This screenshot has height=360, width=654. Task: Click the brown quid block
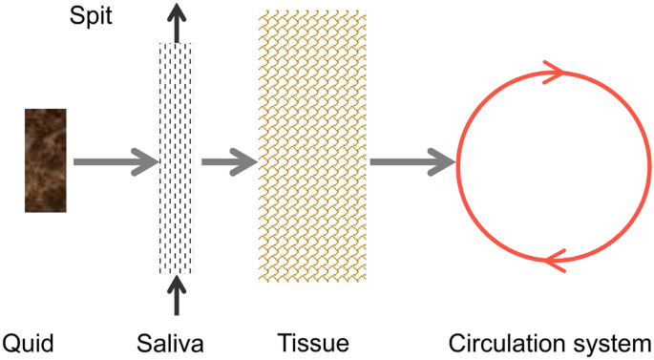(45, 159)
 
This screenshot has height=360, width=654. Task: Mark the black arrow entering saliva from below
(176, 296)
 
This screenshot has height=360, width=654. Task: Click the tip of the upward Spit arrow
(176, 6)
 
